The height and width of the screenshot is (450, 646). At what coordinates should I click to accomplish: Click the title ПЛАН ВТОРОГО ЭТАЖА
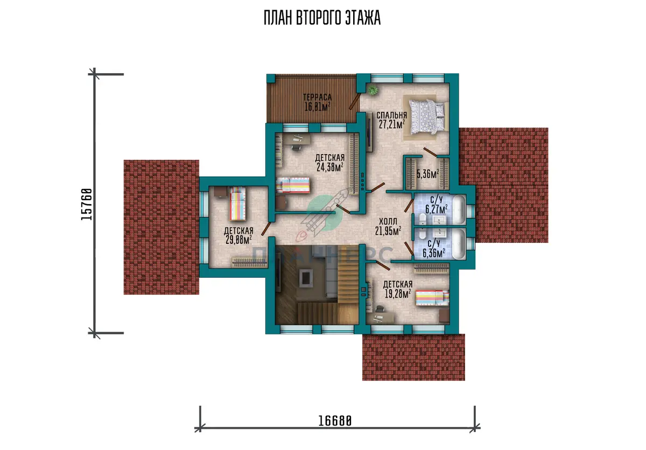click(322, 18)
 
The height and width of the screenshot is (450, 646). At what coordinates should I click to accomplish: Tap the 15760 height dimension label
click(87, 205)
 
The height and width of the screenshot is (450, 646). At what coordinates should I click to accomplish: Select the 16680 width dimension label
click(335, 420)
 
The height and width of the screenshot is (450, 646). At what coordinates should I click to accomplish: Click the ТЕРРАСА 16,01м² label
click(317, 102)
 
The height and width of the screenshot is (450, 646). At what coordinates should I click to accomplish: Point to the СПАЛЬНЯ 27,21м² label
click(392, 119)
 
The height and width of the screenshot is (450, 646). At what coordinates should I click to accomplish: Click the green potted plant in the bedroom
click(373, 90)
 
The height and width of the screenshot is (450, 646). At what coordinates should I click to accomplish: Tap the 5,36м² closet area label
click(428, 174)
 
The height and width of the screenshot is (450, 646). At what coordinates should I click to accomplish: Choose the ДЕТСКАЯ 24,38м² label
click(330, 163)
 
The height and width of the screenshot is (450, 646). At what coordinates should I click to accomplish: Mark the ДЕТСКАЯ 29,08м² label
click(238, 235)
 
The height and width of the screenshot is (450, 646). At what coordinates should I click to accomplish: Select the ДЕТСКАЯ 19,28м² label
click(398, 289)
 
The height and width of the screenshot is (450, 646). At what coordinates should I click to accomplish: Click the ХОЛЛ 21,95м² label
click(388, 226)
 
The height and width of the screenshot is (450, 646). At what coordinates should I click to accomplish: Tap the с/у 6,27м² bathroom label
click(437, 205)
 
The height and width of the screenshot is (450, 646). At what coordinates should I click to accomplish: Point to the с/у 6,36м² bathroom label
click(434, 248)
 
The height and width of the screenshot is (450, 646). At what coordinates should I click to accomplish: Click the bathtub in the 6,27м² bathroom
click(459, 209)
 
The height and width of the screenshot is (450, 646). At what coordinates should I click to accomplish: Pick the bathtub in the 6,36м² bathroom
click(459, 244)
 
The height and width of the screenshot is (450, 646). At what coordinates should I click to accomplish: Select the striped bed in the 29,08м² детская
click(237, 203)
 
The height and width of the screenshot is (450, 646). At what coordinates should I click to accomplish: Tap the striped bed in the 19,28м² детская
click(432, 298)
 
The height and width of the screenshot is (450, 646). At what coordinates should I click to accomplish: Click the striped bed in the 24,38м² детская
click(293, 185)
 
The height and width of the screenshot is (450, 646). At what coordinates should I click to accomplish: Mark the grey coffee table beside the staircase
click(306, 278)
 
